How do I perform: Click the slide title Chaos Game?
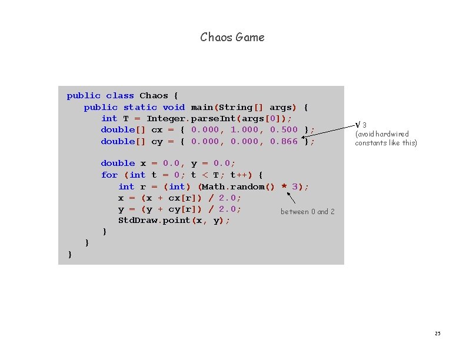(x=232, y=37)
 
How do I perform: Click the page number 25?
(x=437, y=334)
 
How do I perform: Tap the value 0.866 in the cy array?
(x=284, y=141)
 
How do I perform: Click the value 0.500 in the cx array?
(x=284, y=129)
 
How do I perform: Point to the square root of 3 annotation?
(x=361, y=124)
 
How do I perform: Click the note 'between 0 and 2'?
(x=307, y=212)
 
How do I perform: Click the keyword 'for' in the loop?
(x=109, y=175)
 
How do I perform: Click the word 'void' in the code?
(x=174, y=107)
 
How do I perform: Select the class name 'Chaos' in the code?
(x=154, y=95)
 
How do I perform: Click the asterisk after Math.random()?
(x=284, y=187)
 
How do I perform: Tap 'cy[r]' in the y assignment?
(x=182, y=209)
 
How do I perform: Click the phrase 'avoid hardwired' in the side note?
(x=382, y=134)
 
